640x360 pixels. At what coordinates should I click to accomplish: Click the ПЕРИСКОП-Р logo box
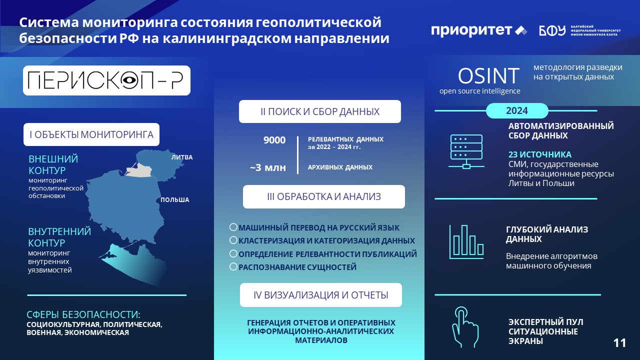[106, 80]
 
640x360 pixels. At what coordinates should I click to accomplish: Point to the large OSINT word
[488, 76]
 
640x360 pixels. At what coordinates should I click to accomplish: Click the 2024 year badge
[517, 110]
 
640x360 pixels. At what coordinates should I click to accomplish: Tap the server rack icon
[466, 151]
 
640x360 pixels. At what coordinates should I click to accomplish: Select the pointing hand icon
[465, 327]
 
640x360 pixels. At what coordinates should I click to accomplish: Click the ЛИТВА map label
[182, 157]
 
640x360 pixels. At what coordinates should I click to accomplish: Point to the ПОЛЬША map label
[174, 199]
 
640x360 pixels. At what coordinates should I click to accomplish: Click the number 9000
[274, 140]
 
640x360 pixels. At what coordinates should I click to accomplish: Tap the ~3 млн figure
[267, 167]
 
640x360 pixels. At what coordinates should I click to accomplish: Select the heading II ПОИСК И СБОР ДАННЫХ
[320, 111]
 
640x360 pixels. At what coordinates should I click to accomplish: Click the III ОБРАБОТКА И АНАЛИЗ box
[323, 196]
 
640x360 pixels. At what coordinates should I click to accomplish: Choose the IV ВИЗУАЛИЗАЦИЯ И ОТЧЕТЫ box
[321, 295]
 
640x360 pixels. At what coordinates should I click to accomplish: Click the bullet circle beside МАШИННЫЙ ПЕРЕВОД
[233, 227]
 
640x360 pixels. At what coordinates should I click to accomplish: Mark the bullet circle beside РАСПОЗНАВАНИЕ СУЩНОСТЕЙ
[233, 266]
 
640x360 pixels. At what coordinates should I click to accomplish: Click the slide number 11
[619, 343]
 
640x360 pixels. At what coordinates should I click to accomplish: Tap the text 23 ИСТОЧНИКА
[539, 154]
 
